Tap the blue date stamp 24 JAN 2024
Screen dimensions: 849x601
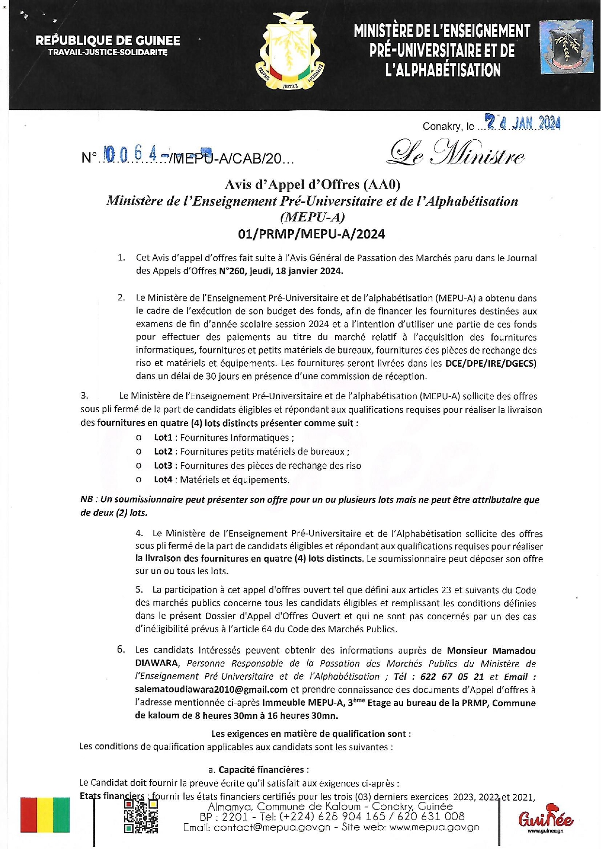point(523,123)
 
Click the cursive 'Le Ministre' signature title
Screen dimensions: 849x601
point(455,153)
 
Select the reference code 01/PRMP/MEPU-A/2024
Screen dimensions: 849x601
point(312,234)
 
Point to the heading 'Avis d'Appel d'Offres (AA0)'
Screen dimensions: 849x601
point(312,184)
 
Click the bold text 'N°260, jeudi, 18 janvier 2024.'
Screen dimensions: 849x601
point(281,271)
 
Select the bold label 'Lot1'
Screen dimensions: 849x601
point(163,438)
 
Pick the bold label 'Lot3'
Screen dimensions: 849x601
point(163,466)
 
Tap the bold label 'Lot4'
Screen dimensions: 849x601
point(163,480)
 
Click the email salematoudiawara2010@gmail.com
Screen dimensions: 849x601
point(211,690)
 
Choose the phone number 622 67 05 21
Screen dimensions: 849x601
point(452,677)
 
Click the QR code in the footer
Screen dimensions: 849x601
point(141,816)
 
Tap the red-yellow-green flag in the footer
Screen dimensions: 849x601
point(45,815)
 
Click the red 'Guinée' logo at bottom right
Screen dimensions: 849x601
point(545,818)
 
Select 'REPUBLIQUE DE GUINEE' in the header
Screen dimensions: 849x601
point(108,41)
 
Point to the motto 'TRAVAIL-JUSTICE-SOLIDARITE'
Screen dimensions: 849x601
point(108,52)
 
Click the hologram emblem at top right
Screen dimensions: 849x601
point(567,47)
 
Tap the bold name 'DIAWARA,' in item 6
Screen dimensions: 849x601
point(157,664)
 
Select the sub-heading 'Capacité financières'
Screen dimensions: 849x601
point(263,770)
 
